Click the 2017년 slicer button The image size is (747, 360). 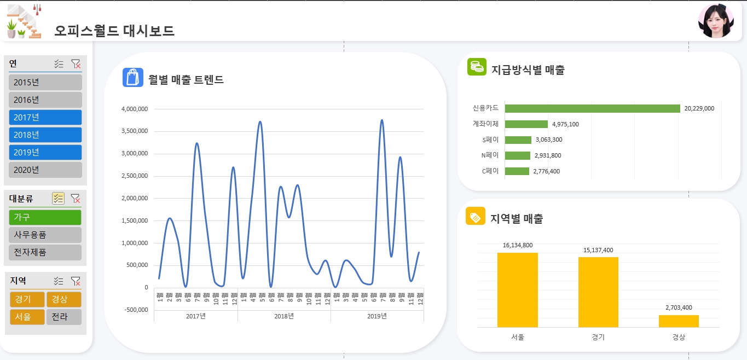pyautogui.click(x=45, y=117)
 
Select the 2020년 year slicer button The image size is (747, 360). pyautogui.click(x=45, y=170)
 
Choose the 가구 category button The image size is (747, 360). pyautogui.click(x=45, y=217)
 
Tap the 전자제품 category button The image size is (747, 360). pyautogui.click(x=45, y=252)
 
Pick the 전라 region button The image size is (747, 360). pyautogui.click(x=63, y=317)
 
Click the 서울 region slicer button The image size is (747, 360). pyautogui.click(x=27, y=317)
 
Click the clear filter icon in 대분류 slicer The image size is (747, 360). pyautogui.click(x=76, y=199)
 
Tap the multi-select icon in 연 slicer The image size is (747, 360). pyautogui.click(x=59, y=64)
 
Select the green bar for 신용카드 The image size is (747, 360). pyautogui.click(x=592, y=108)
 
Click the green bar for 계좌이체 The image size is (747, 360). pyautogui.click(x=526, y=124)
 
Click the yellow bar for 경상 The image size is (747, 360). pyautogui.click(x=678, y=321)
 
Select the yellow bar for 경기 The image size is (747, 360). pyautogui.click(x=598, y=292)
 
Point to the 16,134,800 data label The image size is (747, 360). pyautogui.click(x=517, y=245)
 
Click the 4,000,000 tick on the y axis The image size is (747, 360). pyautogui.click(x=134, y=109)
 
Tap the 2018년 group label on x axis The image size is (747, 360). pyautogui.click(x=284, y=316)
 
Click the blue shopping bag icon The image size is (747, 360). pyautogui.click(x=132, y=78)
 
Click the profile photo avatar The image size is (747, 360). pyautogui.click(x=715, y=21)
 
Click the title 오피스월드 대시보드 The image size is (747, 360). pyautogui.click(x=114, y=31)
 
